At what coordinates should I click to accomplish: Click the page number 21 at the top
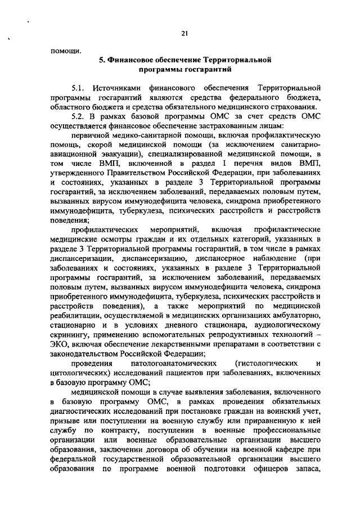click(x=184, y=33)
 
